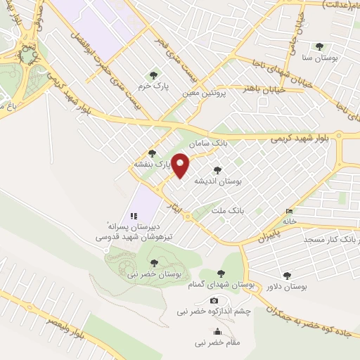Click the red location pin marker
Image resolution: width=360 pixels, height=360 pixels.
(x=181, y=165)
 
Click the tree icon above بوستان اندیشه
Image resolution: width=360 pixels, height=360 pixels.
(x=217, y=169)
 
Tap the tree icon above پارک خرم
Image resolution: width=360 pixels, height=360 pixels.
(x=153, y=75)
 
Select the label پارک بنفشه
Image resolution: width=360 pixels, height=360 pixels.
(x=153, y=164)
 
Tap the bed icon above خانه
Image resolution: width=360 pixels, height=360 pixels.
(x=290, y=211)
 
